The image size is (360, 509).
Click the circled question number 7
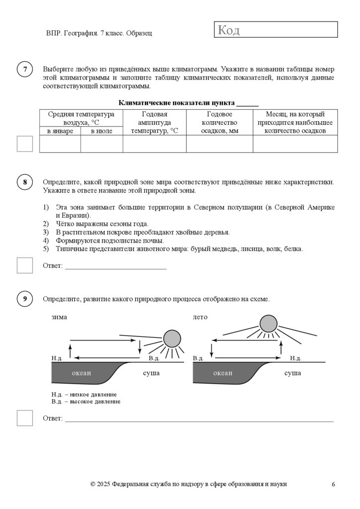pyautogui.click(x=25, y=70)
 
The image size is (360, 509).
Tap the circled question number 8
pyautogui.click(x=25, y=182)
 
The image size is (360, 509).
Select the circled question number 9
pyautogui.click(x=25, y=299)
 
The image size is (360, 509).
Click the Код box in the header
pyautogui.click(x=276, y=30)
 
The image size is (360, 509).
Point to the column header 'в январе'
pyautogui.click(x=60, y=131)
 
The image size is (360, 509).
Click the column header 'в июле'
pyautogui.click(x=101, y=131)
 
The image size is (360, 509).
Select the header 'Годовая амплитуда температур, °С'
pyautogui.click(x=154, y=122)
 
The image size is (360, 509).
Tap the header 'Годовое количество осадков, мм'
pyautogui.click(x=219, y=122)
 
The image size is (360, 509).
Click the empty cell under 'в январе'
pyautogui.click(x=60, y=144)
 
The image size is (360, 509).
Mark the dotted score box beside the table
pyautogui.click(x=25, y=144)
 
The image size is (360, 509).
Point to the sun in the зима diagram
pyautogui.click(x=172, y=339)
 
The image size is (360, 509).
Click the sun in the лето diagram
pyautogui.click(x=269, y=324)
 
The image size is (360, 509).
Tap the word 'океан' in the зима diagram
pyautogui.click(x=82, y=373)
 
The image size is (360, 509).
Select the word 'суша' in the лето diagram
pyautogui.click(x=292, y=373)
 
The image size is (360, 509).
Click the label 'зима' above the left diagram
pyautogui.click(x=59, y=317)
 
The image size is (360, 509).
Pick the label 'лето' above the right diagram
pyautogui.click(x=200, y=317)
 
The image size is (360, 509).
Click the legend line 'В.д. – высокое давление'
pyautogui.click(x=86, y=401)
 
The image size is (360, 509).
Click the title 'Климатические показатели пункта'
pyautogui.click(x=177, y=103)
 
